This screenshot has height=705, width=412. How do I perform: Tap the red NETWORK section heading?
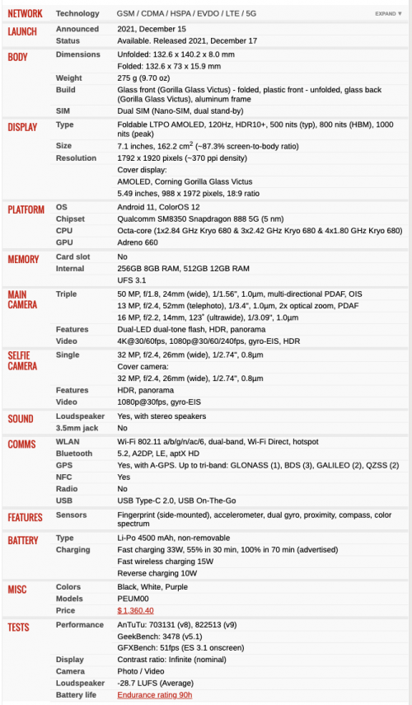26,14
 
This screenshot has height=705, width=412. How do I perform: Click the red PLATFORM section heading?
26,209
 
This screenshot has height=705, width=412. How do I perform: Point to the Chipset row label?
70,219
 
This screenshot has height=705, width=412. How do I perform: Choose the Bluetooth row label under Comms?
73,454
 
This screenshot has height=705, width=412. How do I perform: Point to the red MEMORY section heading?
23,259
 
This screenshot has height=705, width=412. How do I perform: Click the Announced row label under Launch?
77,29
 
